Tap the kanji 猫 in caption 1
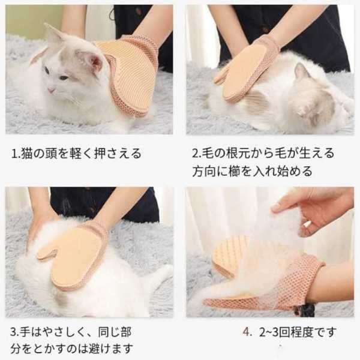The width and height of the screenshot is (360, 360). pos(26,154)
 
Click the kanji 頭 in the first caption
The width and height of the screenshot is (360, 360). pos(52,154)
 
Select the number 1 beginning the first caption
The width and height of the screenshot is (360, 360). pos(14,154)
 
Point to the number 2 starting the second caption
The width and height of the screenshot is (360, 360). pos(195,154)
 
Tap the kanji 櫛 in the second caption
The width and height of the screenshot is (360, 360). pos(234,171)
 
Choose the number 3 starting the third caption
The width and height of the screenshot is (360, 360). pos(13,332)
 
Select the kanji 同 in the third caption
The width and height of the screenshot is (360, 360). pos(104,332)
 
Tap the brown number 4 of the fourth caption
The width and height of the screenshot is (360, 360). pos(246,332)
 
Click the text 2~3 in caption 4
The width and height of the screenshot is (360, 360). pos(269,332)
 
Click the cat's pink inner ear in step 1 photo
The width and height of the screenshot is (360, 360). pos(94,61)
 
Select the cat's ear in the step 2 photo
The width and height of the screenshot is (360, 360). pos(301,71)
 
